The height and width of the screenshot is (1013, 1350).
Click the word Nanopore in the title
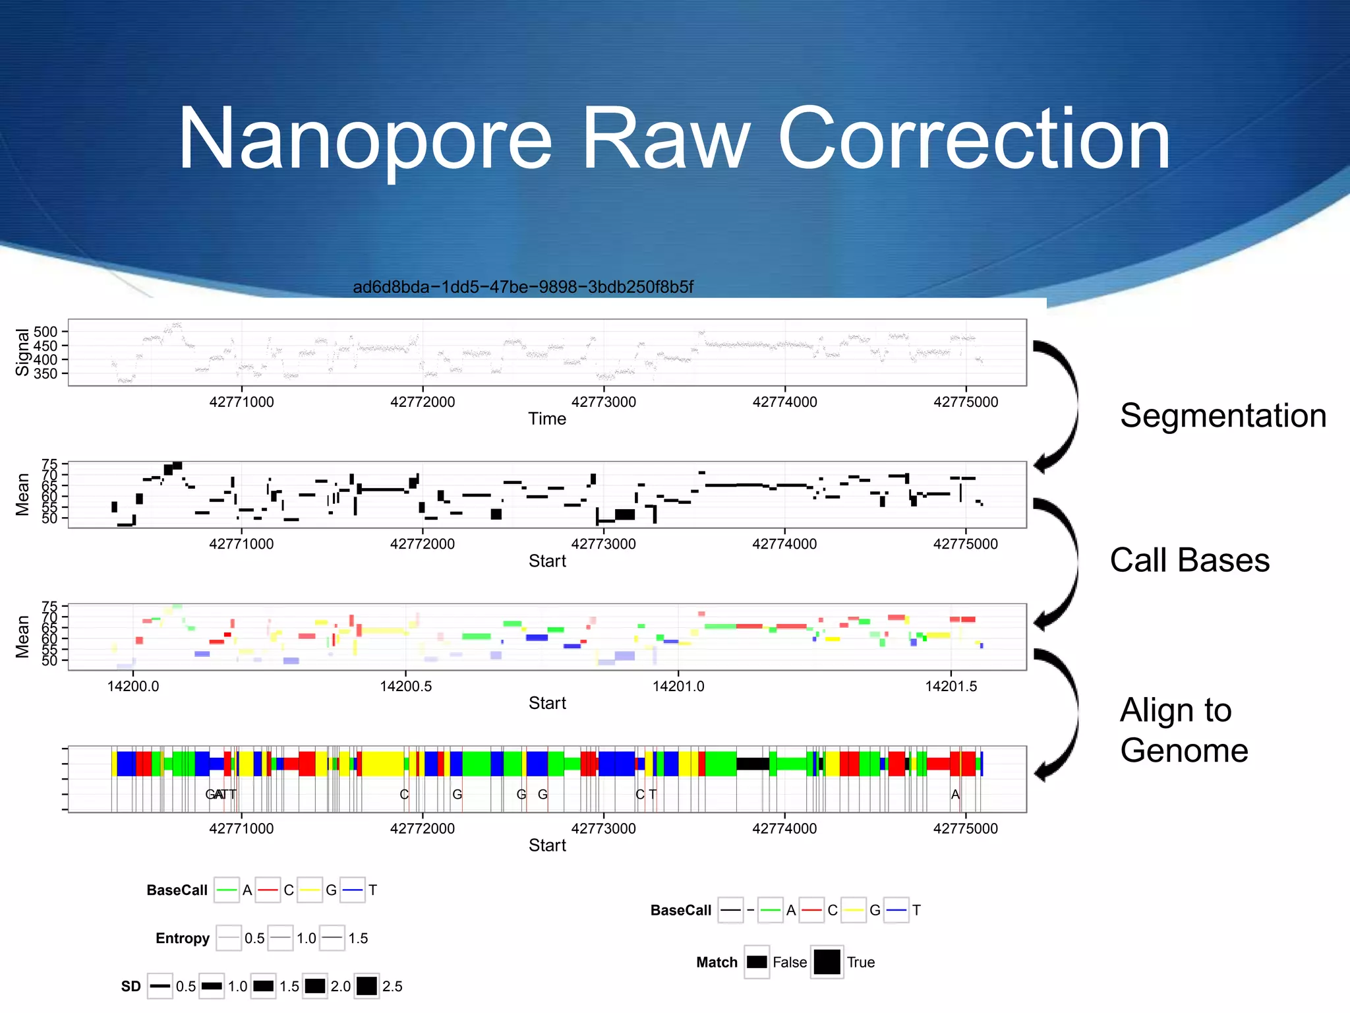tap(365, 140)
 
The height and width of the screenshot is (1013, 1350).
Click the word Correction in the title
tap(974, 140)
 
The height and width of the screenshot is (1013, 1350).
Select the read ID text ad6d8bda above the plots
tap(523, 287)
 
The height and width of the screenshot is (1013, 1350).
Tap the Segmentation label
tap(1223, 416)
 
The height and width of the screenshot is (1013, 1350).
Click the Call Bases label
tap(1189, 561)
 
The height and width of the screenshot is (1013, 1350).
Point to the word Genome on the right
tap(1184, 751)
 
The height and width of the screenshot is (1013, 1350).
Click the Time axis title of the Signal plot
tap(546, 419)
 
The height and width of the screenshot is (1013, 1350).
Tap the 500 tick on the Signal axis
tap(45, 332)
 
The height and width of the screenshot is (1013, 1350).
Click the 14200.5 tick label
tap(405, 687)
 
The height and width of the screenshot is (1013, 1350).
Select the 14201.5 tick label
tap(951, 687)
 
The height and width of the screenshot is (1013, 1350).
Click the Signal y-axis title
tap(22, 352)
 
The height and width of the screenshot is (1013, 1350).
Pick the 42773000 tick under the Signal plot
tap(603, 402)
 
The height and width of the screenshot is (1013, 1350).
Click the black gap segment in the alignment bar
tap(752, 764)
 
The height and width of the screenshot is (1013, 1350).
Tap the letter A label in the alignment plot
tap(955, 795)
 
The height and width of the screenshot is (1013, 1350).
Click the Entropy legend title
tap(183, 938)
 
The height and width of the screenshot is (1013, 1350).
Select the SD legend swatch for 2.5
tap(367, 986)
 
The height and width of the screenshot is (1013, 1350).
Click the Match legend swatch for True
tap(827, 962)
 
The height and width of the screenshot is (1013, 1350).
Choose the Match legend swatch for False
tap(757, 962)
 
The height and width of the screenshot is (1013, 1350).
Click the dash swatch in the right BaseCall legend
tap(730, 911)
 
